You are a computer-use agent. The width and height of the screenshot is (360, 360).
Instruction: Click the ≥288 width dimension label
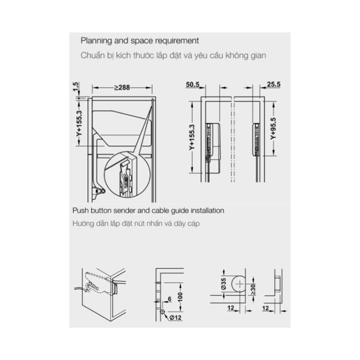(122, 87)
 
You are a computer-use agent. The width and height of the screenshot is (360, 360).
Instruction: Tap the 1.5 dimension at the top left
(76, 86)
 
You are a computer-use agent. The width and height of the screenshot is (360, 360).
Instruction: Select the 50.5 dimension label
(193, 85)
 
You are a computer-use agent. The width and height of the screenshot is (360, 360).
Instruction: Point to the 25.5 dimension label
(274, 84)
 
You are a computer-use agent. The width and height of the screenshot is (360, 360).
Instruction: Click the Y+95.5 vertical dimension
(273, 129)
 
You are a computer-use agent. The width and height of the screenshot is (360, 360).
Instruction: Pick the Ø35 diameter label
(223, 284)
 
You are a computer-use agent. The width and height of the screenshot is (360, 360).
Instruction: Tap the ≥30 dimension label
(253, 289)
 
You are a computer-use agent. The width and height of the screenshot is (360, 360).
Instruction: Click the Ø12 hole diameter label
(175, 318)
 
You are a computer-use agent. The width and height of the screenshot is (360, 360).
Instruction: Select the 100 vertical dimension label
(180, 297)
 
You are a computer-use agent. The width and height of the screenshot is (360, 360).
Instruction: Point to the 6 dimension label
(170, 299)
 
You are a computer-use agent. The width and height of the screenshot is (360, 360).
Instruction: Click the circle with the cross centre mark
(239, 284)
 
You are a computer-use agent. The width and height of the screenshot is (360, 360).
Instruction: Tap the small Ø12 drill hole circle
(162, 312)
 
